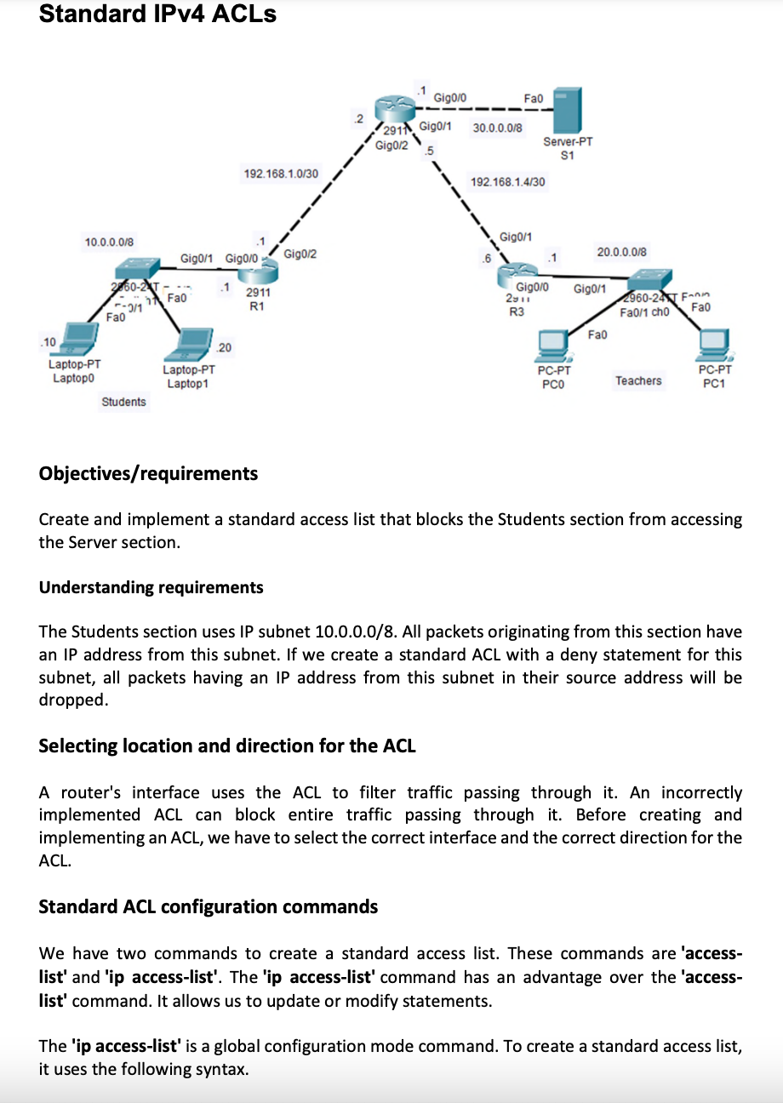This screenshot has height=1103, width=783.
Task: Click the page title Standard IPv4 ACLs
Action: coord(157,14)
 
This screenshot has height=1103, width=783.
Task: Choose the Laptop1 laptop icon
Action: coord(190,345)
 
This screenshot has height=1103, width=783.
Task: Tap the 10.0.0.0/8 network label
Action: coord(109,243)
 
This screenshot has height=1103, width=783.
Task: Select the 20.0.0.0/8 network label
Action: coord(621,252)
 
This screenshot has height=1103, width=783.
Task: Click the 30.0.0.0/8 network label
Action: coord(498,127)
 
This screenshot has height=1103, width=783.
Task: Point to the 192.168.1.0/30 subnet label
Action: coord(281,174)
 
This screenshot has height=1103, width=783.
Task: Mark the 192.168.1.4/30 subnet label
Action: coord(508,181)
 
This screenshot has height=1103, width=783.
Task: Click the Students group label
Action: coord(123,402)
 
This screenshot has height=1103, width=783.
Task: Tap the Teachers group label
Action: coord(637,380)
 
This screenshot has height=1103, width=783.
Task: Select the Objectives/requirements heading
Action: coord(148,473)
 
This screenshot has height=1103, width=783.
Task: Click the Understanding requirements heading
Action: coord(151,587)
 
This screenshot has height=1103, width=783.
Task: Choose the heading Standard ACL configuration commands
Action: coord(209,906)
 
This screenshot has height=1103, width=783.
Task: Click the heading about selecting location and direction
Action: coord(227,746)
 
